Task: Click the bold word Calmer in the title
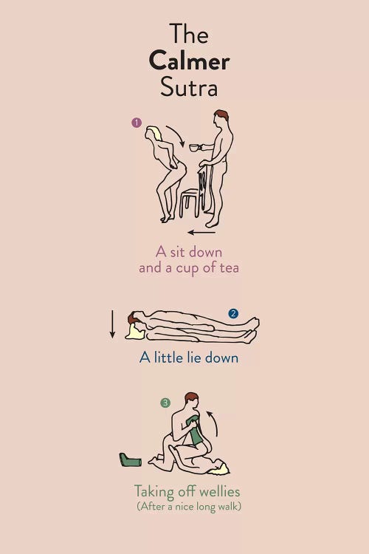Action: pyautogui.click(x=189, y=61)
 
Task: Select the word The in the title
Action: pyautogui.click(x=189, y=34)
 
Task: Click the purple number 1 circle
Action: pyautogui.click(x=137, y=123)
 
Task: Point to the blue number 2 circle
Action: pyautogui.click(x=233, y=313)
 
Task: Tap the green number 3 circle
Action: pyautogui.click(x=165, y=403)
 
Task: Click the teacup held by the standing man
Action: pyautogui.click(x=195, y=147)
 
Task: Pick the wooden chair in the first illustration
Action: pyautogui.click(x=196, y=193)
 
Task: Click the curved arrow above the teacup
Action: pyautogui.click(x=178, y=135)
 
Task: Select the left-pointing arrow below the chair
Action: pyautogui.click(x=201, y=233)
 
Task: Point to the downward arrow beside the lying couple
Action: pyautogui.click(x=113, y=324)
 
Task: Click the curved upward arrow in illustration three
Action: pyautogui.click(x=214, y=423)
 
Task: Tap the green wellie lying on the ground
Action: pyautogui.click(x=131, y=459)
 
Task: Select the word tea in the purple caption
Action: pyautogui.click(x=230, y=267)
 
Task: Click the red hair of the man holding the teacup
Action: pyautogui.click(x=221, y=114)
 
